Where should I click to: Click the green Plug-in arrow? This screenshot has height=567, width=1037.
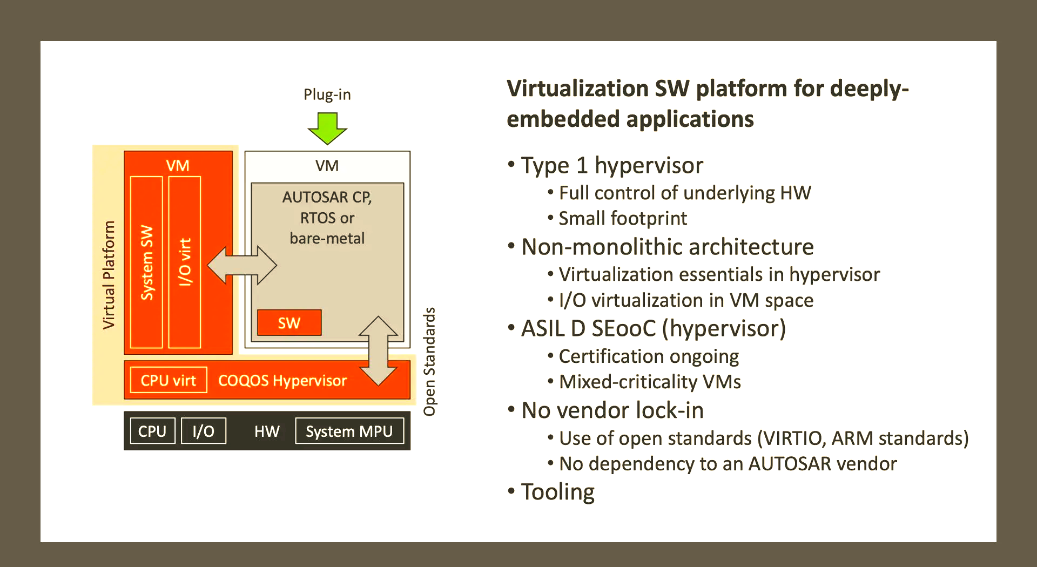[x=327, y=128]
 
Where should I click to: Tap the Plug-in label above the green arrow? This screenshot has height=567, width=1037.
[x=327, y=94]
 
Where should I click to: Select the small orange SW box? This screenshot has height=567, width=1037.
[x=289, y=323]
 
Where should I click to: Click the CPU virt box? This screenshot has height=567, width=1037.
[x=169, y=380]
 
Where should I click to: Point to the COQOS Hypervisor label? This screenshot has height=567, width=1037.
[x=282, y=381]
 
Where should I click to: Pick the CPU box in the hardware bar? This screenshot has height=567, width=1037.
[x=152, y=431]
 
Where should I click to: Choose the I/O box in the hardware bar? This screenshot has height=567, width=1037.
[x=203, y=431]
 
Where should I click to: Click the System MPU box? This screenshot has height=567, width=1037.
[x=349, y=431]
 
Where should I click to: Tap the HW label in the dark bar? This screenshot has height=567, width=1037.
[x=267, y=431]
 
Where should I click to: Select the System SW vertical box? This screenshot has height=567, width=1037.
[x=147, y=262]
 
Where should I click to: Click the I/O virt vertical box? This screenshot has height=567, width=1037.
[x=185, y=262]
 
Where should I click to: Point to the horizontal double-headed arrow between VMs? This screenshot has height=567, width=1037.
[x=242, y=265]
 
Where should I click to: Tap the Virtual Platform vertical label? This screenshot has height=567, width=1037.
[x=109, y=275]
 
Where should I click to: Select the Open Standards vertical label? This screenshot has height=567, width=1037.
[x=429, y=362]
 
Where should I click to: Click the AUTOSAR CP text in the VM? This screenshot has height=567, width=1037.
[x=327, y=197]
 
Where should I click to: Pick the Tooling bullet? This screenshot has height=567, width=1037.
[x=551, y=492]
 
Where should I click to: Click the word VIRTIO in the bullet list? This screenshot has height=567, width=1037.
[x=793, y=438]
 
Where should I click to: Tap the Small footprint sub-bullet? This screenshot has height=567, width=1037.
[x=617, y=218]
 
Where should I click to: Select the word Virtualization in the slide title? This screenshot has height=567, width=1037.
[x=577, y=89]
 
